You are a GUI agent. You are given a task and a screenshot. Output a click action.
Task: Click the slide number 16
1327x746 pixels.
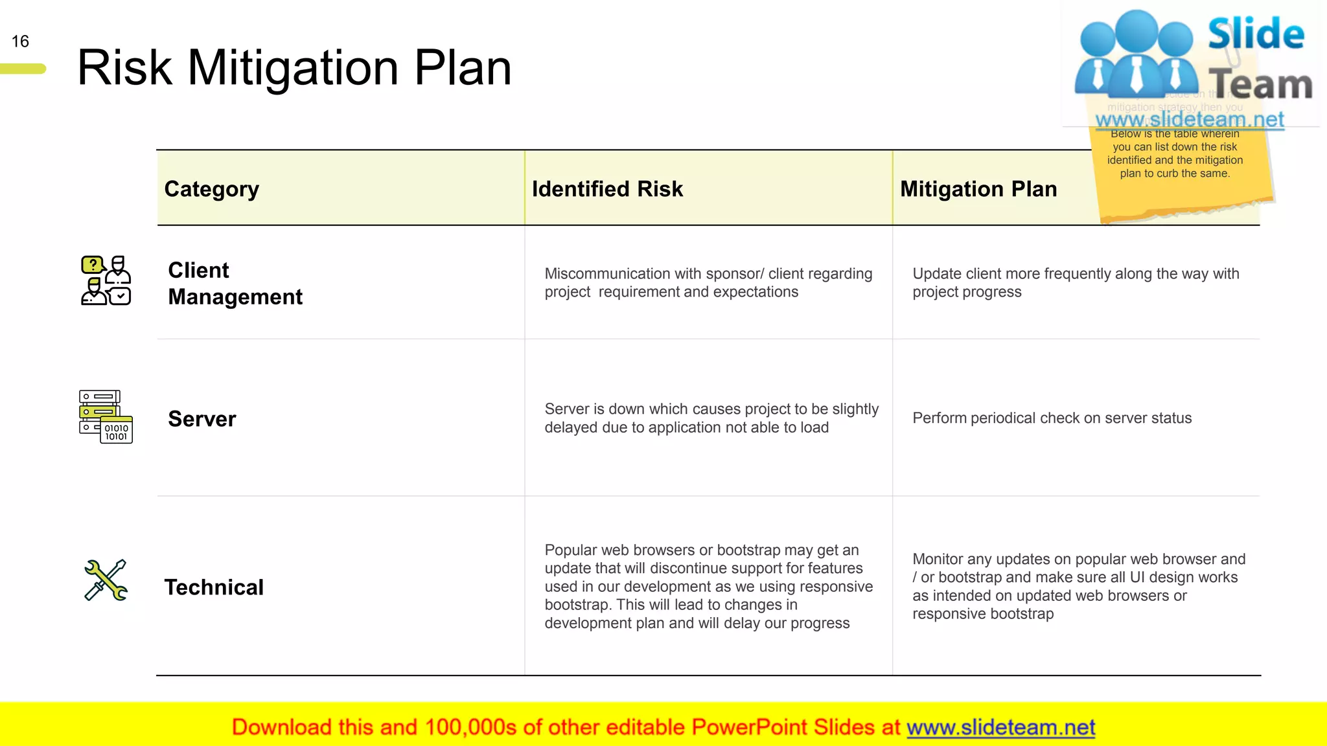(x=20, y=41)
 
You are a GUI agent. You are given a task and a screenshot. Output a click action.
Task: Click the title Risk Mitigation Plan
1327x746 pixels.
(x=294, y=67)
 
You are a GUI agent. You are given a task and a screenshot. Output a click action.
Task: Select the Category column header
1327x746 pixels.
(x=212, y=189)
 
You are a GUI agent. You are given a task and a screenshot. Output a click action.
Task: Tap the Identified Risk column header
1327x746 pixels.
(x=607, y=189)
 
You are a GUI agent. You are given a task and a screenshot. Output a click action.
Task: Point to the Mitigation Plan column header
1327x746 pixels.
(x=978, y=189)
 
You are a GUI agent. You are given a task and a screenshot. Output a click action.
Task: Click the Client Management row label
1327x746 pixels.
(x=235, y=283)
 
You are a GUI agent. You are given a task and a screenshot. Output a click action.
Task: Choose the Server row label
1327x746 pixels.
(x=202, y=419)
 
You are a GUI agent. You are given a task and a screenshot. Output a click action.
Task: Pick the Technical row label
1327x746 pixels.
(x=214, y=587)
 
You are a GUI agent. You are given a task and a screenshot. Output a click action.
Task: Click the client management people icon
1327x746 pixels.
(x=106, y=280)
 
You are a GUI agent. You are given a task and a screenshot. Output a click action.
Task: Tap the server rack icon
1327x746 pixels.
(x=106, y=416)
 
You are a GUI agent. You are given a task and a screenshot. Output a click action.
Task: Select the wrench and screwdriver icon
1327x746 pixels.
(x=106, y=580)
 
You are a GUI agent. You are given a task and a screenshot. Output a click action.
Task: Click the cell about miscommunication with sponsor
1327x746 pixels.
(x=708, y=283)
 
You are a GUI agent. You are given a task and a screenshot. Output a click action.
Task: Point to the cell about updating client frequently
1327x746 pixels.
(x=1076, y=283)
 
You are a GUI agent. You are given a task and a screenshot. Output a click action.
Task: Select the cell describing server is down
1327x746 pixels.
(x=711, y=418)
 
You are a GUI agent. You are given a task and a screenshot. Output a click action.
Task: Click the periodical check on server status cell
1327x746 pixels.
(x=1052, y=418)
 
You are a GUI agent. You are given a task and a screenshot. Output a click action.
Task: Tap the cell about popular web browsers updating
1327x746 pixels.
(x=708, y=586)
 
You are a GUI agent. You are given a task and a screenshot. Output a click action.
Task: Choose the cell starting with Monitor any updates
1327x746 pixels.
(x=1078, y=586)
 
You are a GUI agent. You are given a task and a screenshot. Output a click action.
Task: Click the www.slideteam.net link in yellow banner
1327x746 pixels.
(x=1000, y=727)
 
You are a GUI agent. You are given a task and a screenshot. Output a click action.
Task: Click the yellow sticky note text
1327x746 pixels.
(x=1175, y=153)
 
